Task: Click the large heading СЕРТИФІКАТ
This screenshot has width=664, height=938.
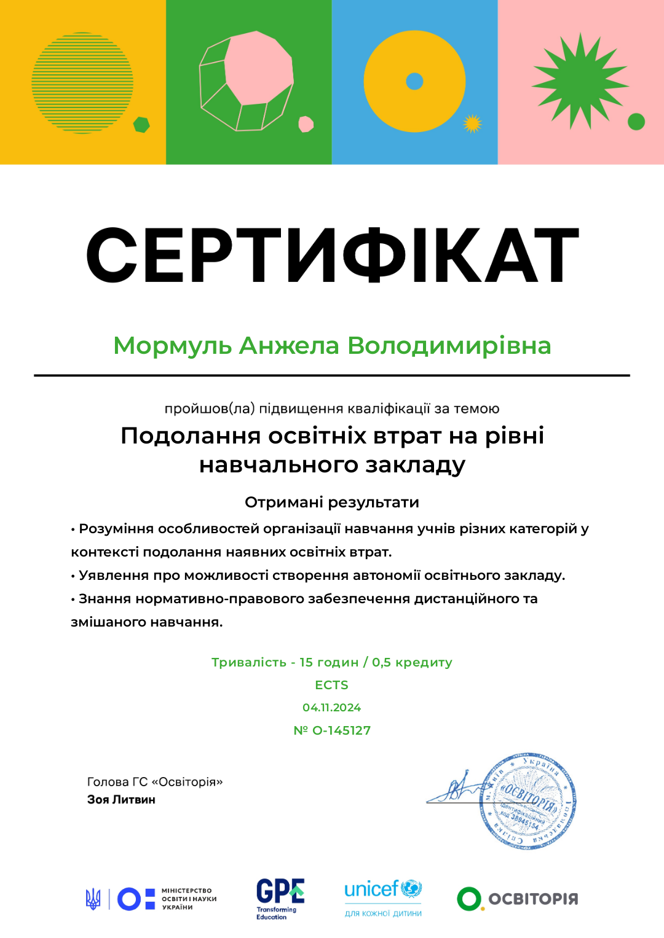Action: pos(332,255)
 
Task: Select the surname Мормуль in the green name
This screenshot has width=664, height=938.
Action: pos(172,346)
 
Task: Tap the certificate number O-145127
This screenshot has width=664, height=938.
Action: pos(341,730)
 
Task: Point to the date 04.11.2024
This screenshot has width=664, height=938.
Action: pos(331,708)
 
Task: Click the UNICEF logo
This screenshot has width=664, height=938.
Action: pos(383,897)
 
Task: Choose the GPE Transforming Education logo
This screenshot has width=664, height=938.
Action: pos(280,898)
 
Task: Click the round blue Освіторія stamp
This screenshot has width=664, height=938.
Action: pos(528,801)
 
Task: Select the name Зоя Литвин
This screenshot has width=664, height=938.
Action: pos(121,800)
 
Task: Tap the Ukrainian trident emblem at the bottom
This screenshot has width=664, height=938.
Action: pos(93,899)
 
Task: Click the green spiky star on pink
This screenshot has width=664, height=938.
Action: pos(579,82)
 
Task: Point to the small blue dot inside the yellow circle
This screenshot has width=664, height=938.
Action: pos(415,81)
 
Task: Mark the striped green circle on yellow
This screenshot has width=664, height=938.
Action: pos(82,82)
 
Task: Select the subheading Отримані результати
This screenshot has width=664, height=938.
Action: pos(332,502)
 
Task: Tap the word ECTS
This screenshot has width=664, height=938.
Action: pos(331,685)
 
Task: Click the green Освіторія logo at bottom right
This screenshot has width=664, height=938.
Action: pos(517,899)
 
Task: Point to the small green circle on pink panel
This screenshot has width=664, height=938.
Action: pos(636,122)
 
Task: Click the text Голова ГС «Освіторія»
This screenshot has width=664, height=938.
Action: pos(155,782)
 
